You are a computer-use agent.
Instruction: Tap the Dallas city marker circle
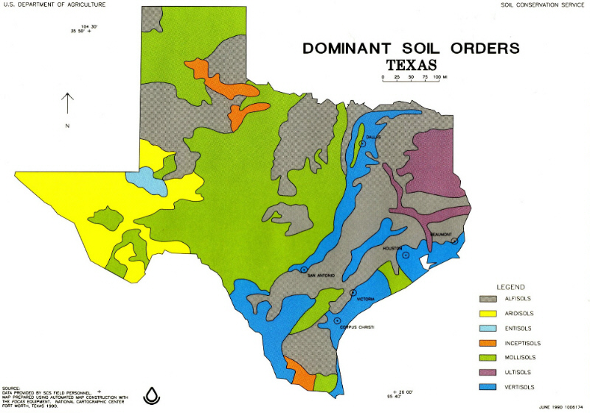pyautogui.click(x=362, y=144)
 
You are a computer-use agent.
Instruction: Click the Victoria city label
pyautogui.click(x=366, y=300)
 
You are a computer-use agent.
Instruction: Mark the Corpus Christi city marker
pyautogui.click(x=337, y=320)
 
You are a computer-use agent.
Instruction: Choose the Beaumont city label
pyautogui.click(x=442, y=235)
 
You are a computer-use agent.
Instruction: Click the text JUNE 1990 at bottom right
pyautogui.click(x=550, y=406)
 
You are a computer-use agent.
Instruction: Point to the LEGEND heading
pyautogui.click(x=510, y=286)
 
